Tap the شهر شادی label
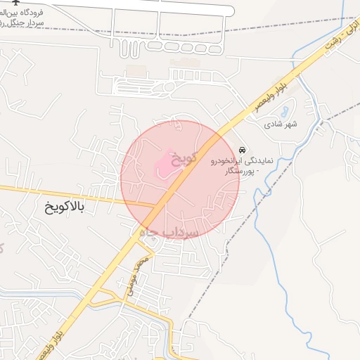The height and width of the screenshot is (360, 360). pyautogui.click(x=281, y=124)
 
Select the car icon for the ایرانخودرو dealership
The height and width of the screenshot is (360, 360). pyautogui.click(x=243, y=150)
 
